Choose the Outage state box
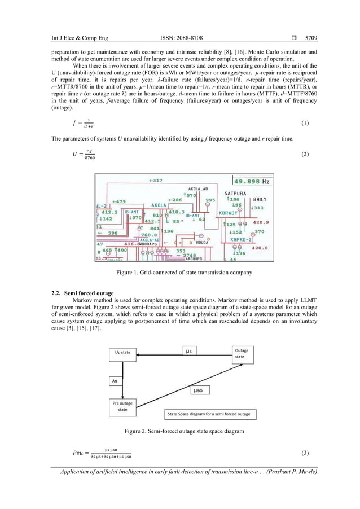click(x=242, y=354)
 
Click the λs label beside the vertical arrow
click(x=115, y=381)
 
